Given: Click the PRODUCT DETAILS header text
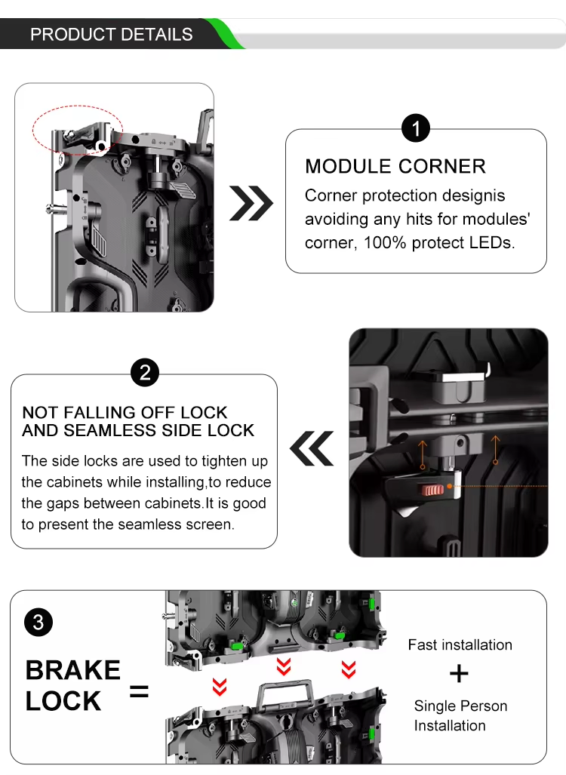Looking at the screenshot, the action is point(111,34).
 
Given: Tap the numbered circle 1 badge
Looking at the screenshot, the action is point(416,128).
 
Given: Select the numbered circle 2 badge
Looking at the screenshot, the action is point(145,373).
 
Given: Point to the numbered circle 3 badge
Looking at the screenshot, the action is point(38,623).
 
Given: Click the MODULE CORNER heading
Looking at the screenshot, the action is point(395,167).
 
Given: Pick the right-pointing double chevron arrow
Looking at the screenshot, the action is point(251,203).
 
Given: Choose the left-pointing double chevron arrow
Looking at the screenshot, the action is point(312,448).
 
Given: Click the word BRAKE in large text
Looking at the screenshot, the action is point(72,670).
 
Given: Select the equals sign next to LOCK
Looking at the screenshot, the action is point(139,691).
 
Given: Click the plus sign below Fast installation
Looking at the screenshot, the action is point(460,674).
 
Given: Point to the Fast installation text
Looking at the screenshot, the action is point(460,645).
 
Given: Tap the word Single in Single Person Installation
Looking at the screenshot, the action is point(432,706).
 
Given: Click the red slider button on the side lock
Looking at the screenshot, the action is point(432,491).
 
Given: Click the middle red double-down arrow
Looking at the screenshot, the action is point(284,666).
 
